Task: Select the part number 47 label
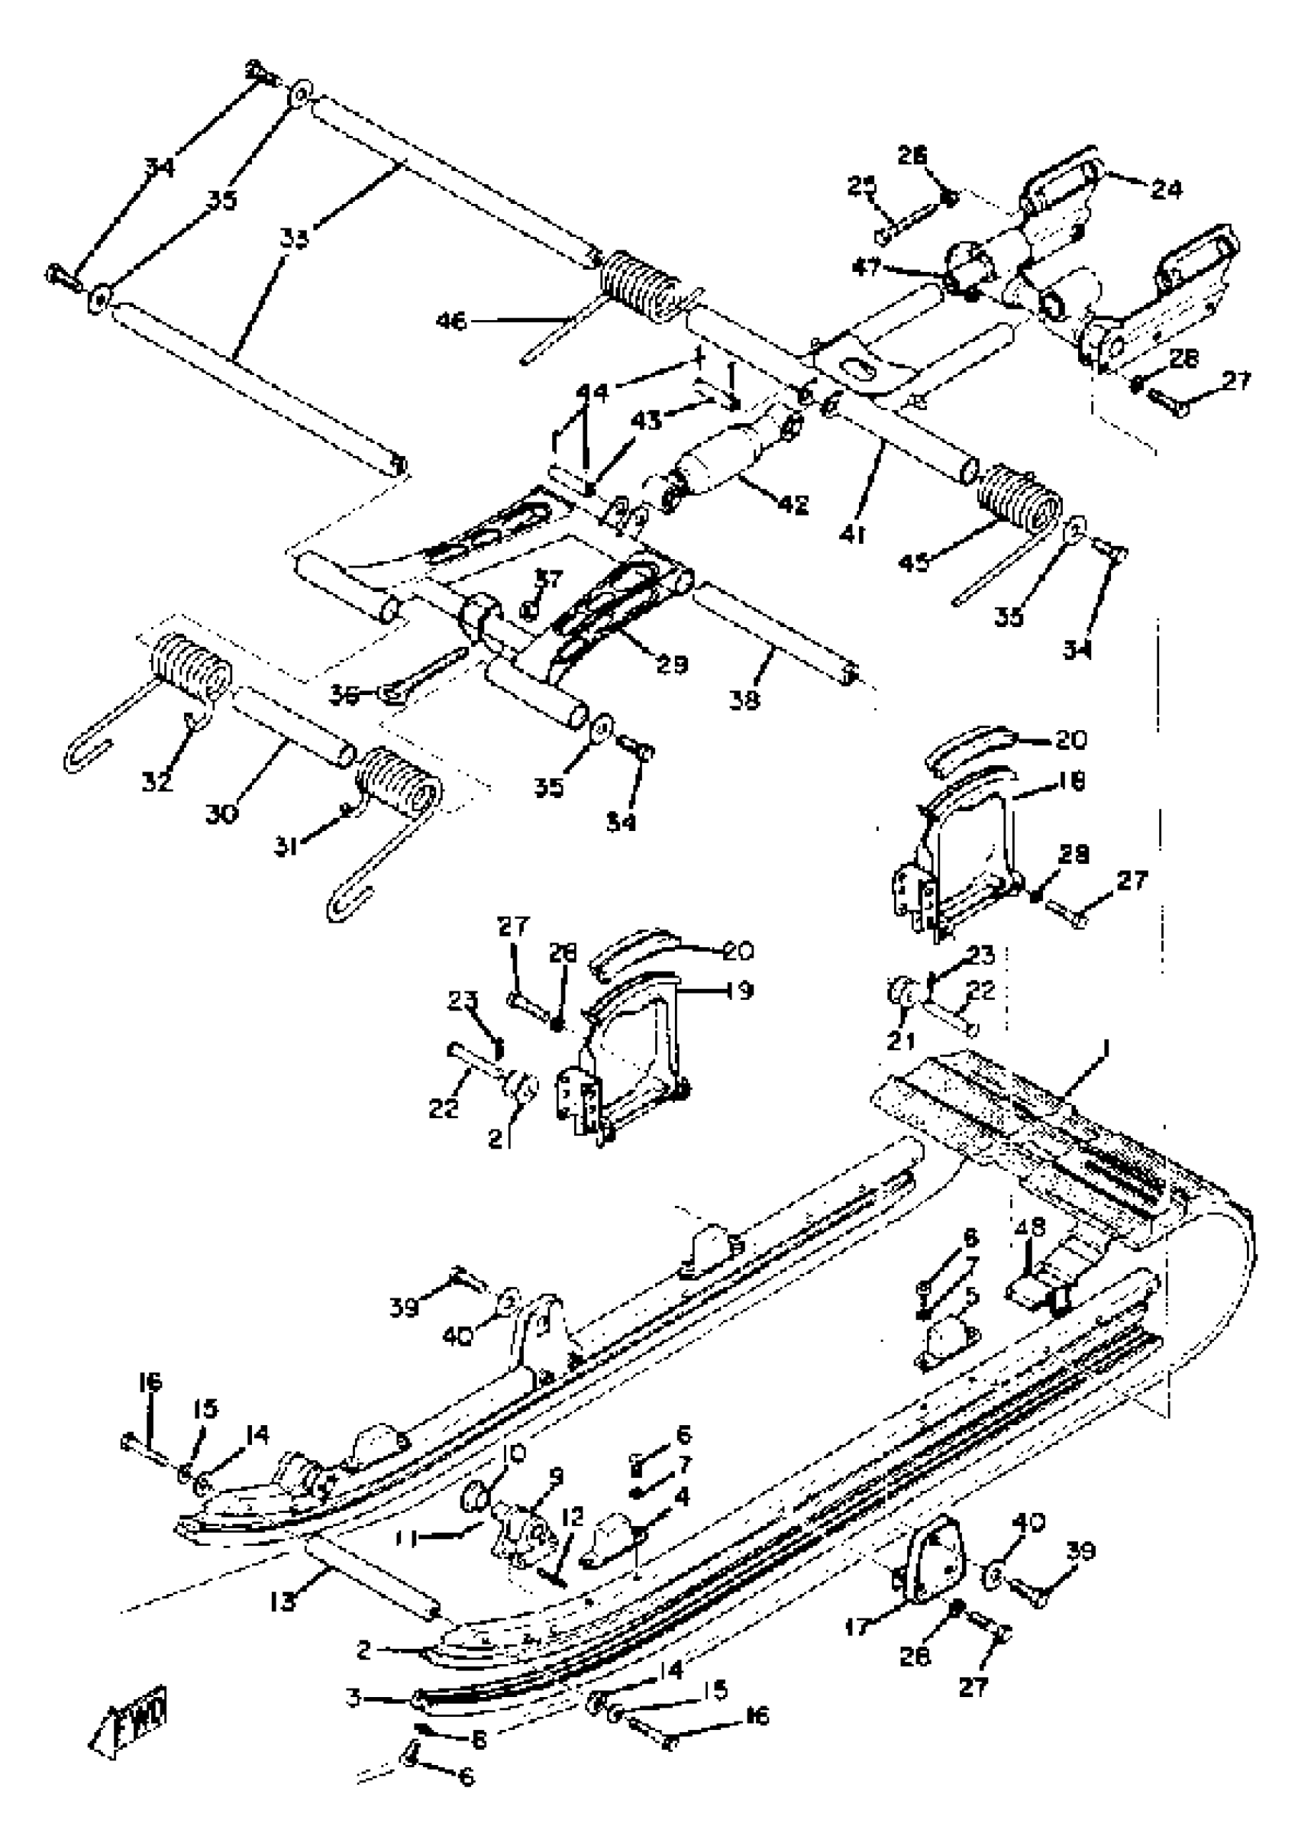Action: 868,267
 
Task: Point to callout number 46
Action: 451,322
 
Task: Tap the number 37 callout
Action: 549,578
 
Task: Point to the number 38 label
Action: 745,700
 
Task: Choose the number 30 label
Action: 222,814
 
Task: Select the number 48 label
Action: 1029,1249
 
